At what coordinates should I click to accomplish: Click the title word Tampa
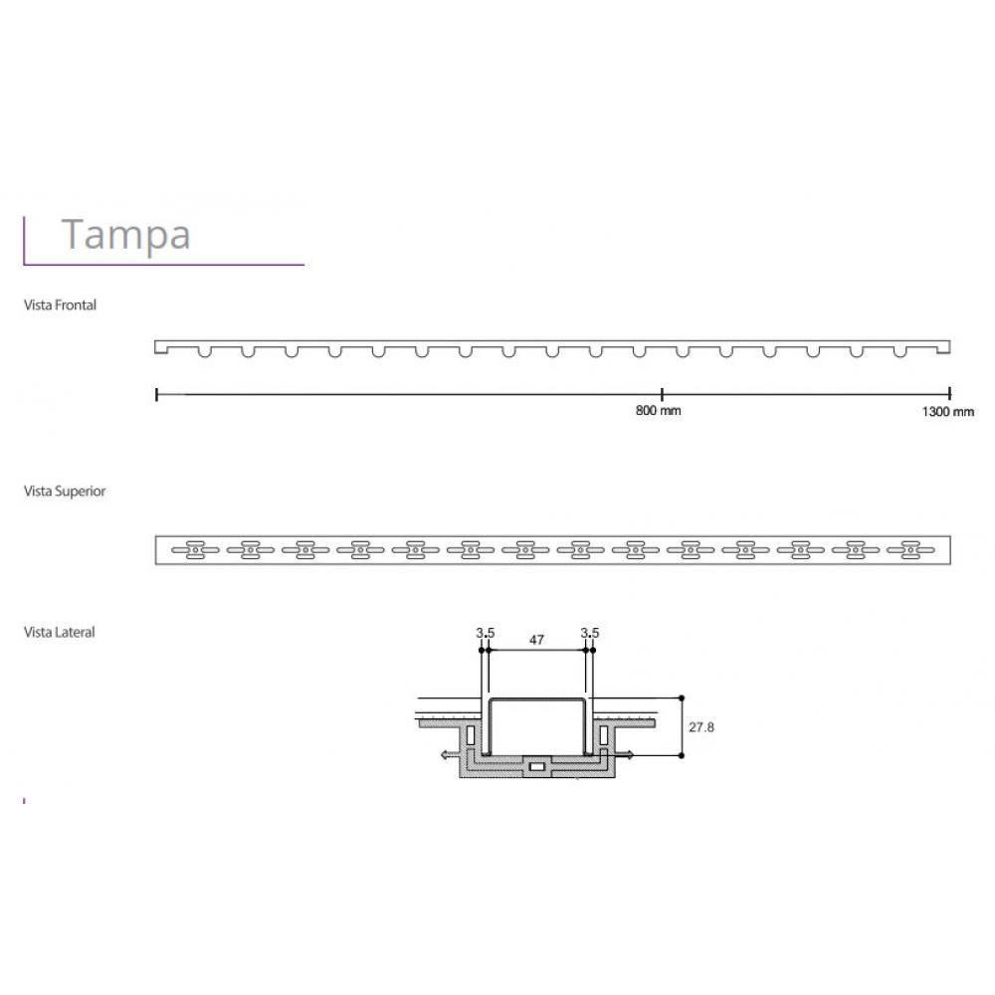tap(125, 235)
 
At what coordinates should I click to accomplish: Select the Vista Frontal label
tap(60, 305)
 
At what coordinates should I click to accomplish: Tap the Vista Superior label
tap(65, 492)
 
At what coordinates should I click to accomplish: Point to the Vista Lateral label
tap(60, 632)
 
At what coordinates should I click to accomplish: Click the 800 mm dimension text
tap(658, 411)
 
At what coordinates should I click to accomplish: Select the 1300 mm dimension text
tap(948, 411)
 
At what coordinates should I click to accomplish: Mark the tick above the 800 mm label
tap(662, 394)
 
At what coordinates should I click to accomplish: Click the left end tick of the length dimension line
tap(157, 394)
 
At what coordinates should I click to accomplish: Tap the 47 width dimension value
tap(536, 641)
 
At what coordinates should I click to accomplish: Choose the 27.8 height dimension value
tap(701, 727)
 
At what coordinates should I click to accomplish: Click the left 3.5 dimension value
tap(485, 633)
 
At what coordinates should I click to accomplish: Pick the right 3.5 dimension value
tap(590, 633)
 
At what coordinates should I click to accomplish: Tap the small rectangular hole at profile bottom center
tap(537, 767)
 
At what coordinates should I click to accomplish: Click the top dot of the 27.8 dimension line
tap(681, 697)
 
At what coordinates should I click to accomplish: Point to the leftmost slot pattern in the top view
tap(194, 548)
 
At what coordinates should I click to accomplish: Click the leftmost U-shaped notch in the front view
tap(204, 351)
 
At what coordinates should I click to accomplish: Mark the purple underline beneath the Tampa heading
tap(164, 265)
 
